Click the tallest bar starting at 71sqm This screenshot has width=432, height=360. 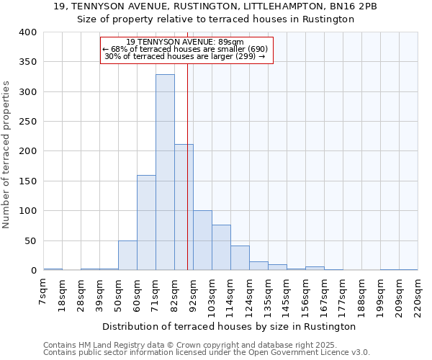point(165,173)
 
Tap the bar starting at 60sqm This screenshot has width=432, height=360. point(146,222)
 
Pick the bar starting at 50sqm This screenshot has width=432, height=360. point(127,256)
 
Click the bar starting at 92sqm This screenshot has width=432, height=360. point(202,240)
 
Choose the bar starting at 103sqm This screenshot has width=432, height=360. point(221,248)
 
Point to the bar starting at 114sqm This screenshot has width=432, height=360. point(240,258)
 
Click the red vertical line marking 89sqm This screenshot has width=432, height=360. point(187,180)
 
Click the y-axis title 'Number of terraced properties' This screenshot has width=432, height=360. point(6,155)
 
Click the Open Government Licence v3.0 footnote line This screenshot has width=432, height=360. point(206,353)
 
